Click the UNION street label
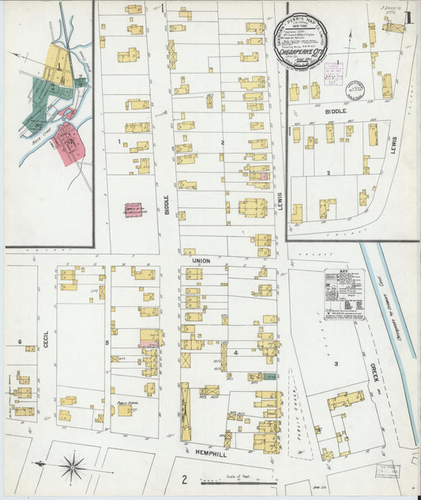(x=199, y=259)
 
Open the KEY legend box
(x=344, y=294)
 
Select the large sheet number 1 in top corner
(x=406, y=17)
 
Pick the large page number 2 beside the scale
(x=182, y=479)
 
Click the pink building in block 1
(x=133, y=210)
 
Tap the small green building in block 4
(x=270, y=377)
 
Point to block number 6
(x=19, y=341)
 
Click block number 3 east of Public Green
(x=335, y=363)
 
